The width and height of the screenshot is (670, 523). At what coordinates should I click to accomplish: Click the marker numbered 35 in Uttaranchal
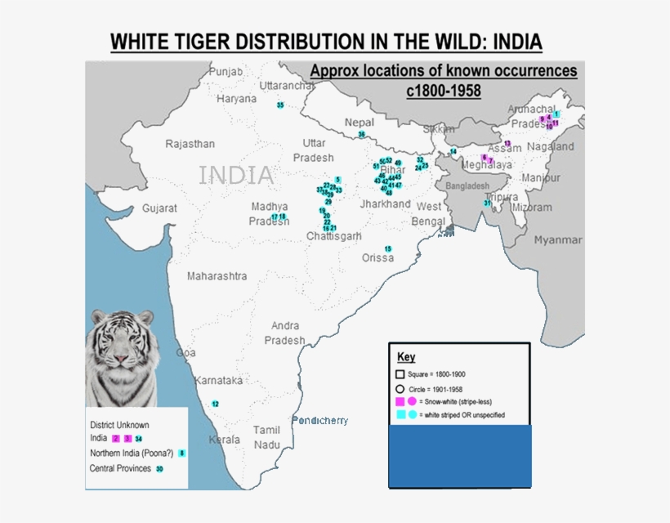click(280, 105)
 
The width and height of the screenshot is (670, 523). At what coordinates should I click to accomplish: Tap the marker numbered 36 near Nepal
click(361, 134)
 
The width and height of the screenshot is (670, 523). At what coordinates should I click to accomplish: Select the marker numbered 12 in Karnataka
click(215, 404)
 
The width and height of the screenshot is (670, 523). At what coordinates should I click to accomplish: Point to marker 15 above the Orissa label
click(388, 248)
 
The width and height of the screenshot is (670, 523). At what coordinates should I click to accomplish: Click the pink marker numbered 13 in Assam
click(507, 144)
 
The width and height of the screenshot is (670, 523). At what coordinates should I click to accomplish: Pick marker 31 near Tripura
click(487, 203)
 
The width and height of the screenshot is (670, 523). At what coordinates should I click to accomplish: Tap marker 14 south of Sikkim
click(453, 152)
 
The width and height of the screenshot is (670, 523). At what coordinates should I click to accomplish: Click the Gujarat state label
click(159, 208)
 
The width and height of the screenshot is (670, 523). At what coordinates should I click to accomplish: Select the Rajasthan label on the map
click(190, 144)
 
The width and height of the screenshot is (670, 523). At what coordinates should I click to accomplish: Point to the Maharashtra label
click(217, 276)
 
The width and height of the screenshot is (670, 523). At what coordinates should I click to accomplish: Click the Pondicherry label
click(320, 420)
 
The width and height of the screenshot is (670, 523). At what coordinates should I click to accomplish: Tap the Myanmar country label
click(558, 240)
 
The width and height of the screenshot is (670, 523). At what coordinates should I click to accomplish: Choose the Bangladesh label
click(468, 186)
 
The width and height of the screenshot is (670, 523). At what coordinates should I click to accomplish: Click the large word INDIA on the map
click(236, 175)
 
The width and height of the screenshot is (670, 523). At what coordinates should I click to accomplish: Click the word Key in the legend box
click(406, 357)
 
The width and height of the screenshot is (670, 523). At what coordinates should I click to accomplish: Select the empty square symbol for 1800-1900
click(400, 374)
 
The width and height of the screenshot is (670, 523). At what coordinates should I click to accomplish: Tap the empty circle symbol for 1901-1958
click(400, 388)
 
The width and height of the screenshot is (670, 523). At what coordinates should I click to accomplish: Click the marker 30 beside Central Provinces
click(159, 469)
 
